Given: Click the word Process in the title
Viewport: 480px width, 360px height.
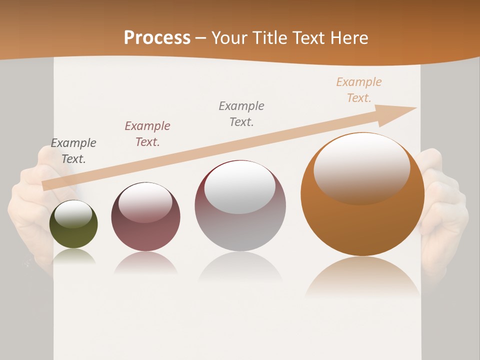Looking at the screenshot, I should point(157,38).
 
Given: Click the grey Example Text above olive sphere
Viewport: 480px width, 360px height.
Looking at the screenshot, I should point(73,151).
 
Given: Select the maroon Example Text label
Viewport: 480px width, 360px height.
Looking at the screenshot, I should point(147,134).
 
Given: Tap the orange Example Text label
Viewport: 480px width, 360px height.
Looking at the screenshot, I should point(359,90).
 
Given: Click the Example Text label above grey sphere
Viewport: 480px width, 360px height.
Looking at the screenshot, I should point(241,114).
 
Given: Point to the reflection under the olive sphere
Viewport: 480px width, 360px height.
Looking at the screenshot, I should point(74,257).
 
